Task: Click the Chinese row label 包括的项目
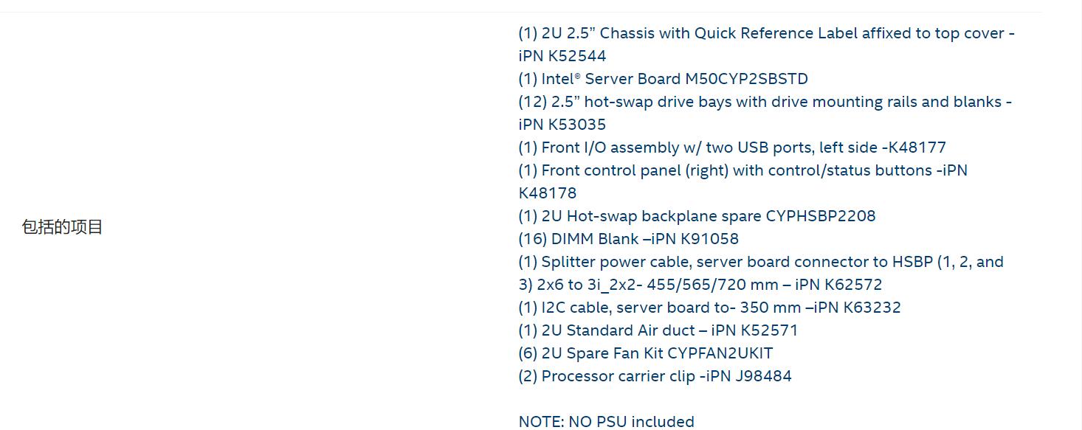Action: [62, 227]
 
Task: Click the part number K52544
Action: [576, 56]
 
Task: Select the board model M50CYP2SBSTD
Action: [746, 79]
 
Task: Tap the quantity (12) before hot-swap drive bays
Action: [532, 102]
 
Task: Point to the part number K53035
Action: [576, 125]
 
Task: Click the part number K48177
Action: [917, 148]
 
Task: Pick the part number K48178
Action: [548, 193]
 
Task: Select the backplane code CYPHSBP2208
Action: [821, 215]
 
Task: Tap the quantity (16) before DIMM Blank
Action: [532, 239]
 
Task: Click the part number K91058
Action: [709, 239]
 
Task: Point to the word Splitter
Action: [568, 262]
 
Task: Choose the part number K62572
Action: [853, 285]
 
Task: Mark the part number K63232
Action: [872, 308]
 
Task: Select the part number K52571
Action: [769, 330]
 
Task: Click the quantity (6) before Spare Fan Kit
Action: [528, 353]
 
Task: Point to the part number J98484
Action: [763, 376]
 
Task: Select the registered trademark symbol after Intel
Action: [577, 75]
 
